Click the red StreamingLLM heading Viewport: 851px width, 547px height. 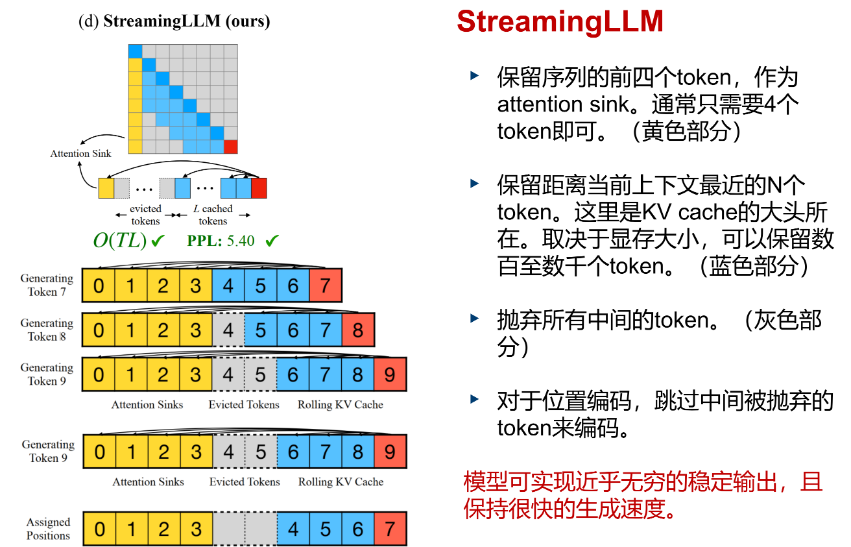[560, 21]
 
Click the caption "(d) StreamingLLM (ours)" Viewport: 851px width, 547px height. [174, 21]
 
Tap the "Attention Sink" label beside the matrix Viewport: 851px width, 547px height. [80, 154]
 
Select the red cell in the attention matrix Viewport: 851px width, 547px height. [230, 147]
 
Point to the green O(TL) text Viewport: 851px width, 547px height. [121, 241]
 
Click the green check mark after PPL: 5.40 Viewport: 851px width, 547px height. [272, 241]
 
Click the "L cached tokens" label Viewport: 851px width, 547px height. [213, 215]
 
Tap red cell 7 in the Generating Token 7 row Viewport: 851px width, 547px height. [325, 286]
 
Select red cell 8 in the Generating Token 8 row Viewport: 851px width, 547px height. [357, 330]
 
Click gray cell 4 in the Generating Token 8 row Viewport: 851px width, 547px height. [228, 330]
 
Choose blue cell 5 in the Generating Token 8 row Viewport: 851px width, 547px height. [260, 330]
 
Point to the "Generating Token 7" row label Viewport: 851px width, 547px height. [47, 285]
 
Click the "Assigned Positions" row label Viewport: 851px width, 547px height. [48, 529]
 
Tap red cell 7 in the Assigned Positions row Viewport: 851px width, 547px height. [390, 529]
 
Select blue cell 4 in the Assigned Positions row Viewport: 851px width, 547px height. [293, 529]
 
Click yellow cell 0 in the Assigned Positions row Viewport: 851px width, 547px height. [99, 529]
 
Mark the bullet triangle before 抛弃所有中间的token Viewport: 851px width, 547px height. [475, 318]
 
